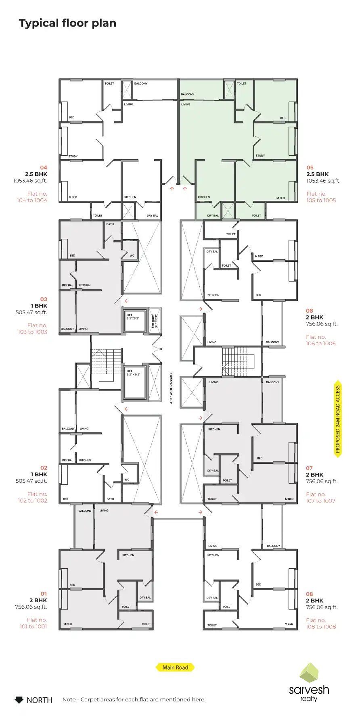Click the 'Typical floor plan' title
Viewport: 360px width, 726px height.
pyautogui.click(x=67, y=23)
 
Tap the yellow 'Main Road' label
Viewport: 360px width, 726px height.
pyautogui.click(x=175, y=668)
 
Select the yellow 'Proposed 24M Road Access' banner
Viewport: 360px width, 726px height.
pyautogui.click(x=338, y=419)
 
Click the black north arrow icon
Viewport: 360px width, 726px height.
pyautogui.click(x=19, y=700)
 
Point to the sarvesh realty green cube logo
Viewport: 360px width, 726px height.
pyautogui.click(x=309, y=673)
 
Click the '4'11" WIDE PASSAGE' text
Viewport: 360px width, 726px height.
pyautogui.click(x=171, y=388)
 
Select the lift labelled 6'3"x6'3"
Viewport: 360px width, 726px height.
pyautogui.click(x=134, y=320)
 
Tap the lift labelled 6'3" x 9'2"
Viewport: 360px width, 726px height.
pyautogui.click(x=134, y=382)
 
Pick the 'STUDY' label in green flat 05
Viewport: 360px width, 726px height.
pyautogui.click(x=260, y=156)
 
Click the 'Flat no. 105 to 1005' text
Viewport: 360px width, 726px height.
pyautogui.click(x=321, y=197)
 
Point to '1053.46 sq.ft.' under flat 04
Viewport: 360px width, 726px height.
pyautogui.click(x=30, y=181)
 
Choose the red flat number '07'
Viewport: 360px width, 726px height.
pyautogui.click(x=309, y=468)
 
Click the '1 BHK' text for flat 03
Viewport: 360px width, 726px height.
pyautogui.click(x=39, y=306)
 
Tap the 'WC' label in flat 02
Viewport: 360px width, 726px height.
pyautogui.click(x=127, y=480)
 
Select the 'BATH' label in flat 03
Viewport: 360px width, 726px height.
pyautogui.click(x=110, y=224)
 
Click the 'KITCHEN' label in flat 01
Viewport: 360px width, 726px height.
pyautogui.click(x=128, y=555)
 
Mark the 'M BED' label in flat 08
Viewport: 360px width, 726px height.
pyautogui.click(x=289, y=624)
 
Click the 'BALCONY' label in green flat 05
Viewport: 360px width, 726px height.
pyautogui.click(x=187, y=94)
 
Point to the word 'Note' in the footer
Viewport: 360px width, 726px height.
pyautogui.click(x=69, y=699)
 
